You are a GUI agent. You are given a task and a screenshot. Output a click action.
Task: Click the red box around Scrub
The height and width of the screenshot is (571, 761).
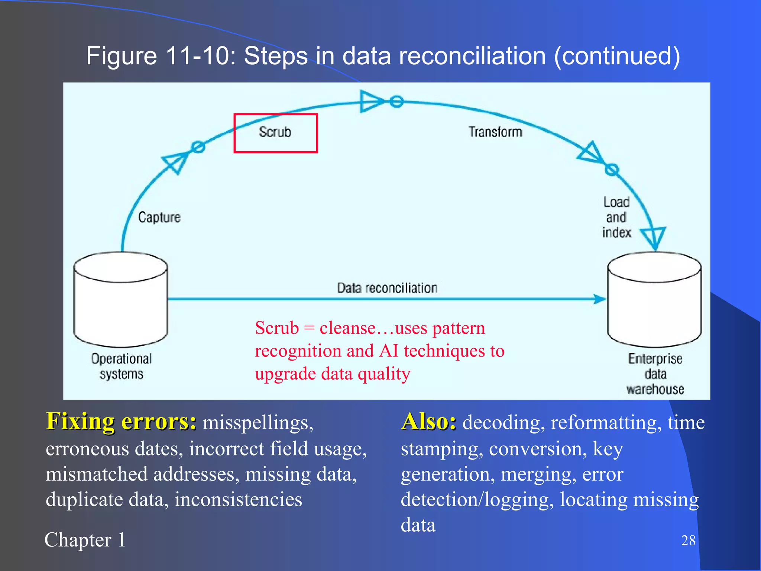pos(275,133)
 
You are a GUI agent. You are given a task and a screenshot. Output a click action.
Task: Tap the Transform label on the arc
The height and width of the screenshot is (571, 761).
pos(495,132)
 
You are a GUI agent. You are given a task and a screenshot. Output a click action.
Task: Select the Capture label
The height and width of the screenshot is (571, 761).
pos(159,217)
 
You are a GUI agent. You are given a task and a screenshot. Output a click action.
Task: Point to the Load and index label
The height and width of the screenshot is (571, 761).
pos(616,217)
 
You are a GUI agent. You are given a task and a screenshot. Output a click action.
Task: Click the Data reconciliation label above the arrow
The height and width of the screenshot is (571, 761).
pos(387,288)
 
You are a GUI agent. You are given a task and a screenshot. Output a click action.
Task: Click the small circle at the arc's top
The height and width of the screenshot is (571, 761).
pos(396,101)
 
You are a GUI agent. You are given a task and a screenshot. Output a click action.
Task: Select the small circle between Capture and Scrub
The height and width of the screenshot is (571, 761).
pos(198,147)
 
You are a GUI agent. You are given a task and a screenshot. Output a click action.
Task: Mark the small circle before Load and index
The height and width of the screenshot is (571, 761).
pos(612,170)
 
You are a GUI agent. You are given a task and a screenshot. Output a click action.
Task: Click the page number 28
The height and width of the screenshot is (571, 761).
pos(688,540)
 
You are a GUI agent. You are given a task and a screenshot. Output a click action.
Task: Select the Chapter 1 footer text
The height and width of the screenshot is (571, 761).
pos(85,540)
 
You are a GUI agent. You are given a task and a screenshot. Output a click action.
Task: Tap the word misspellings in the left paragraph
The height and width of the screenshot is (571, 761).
pos(258,423)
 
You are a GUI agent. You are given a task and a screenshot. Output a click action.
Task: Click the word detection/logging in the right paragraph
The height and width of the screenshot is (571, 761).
pos(475,499)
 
